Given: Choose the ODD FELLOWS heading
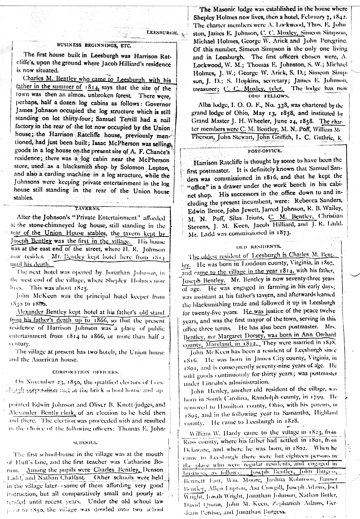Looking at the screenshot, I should (268, 96).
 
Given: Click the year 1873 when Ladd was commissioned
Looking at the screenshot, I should (282, 233).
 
